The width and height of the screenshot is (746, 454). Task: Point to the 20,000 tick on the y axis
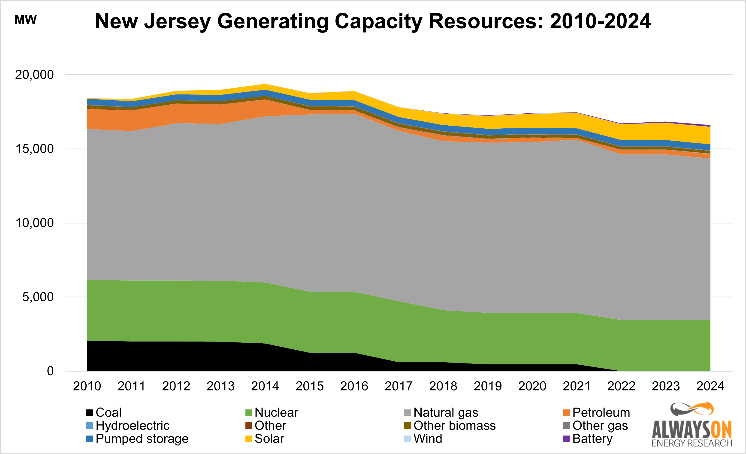(34, 75)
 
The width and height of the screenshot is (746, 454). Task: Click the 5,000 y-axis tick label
(38, 297)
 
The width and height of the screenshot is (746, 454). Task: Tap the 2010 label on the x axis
(87, 386)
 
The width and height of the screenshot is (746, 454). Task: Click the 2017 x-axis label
(399, 386)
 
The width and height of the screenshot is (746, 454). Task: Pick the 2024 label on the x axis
(710, 386)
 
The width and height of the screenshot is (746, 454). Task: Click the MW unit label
(26, 20)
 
